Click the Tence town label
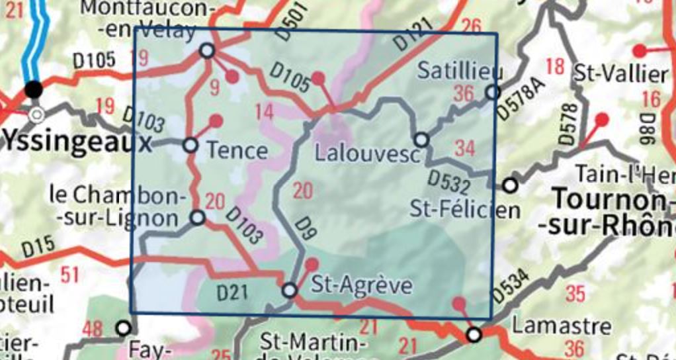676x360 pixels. pos(237,151)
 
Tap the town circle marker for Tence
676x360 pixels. pos(190,145)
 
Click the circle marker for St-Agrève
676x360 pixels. pos(290,290)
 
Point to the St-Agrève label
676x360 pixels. pos(361,286)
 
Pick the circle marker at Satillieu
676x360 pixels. pos(492,93)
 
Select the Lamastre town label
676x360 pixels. pos(553,326)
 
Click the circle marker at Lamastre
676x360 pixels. pos(474,335)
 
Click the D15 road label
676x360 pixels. pos(38,248)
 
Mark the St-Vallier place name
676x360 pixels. pos(621,73)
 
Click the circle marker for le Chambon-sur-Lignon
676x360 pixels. pos(198,217)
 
